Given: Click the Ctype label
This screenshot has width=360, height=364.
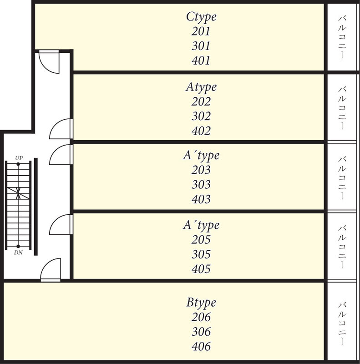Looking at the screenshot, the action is tap(201, 17).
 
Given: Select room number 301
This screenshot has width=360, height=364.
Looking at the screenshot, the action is tap(201, 46).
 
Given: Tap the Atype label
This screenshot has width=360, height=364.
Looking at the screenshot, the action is tap(201, 87).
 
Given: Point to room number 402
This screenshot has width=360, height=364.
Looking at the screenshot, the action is tap(201, 131).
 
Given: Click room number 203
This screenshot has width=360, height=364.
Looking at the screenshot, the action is tap(201, 170).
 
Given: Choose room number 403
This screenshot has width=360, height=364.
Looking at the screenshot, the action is tap(201, 199).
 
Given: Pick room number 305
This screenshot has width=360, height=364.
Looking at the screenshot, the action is tap(201, 254).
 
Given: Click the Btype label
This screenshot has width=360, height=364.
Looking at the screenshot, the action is tap(201, 303).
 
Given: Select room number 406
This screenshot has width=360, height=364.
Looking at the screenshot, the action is tap(201, 346).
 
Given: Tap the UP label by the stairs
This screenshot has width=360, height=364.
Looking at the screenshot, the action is tap(19, 158).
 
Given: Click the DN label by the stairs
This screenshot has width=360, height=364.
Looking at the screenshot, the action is tap(18, 253).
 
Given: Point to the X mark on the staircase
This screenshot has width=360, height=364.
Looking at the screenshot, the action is tap(18, 193).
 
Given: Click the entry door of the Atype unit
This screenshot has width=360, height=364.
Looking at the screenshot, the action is tap(61, 129).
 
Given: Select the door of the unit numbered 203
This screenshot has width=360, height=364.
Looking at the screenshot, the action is tap(61, 155).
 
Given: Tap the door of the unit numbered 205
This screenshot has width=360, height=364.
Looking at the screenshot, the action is tap(61, 224).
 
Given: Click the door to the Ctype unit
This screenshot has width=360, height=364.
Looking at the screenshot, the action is tap(49, 62).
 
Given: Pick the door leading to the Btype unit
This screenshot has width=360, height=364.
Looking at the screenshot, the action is tap(51, 270).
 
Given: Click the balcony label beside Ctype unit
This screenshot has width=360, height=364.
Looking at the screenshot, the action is tap(342, 37).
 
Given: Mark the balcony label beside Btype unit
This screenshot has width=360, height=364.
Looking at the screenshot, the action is tap(342, 323).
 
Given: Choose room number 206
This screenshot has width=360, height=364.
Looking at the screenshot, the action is tap(201, 317).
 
